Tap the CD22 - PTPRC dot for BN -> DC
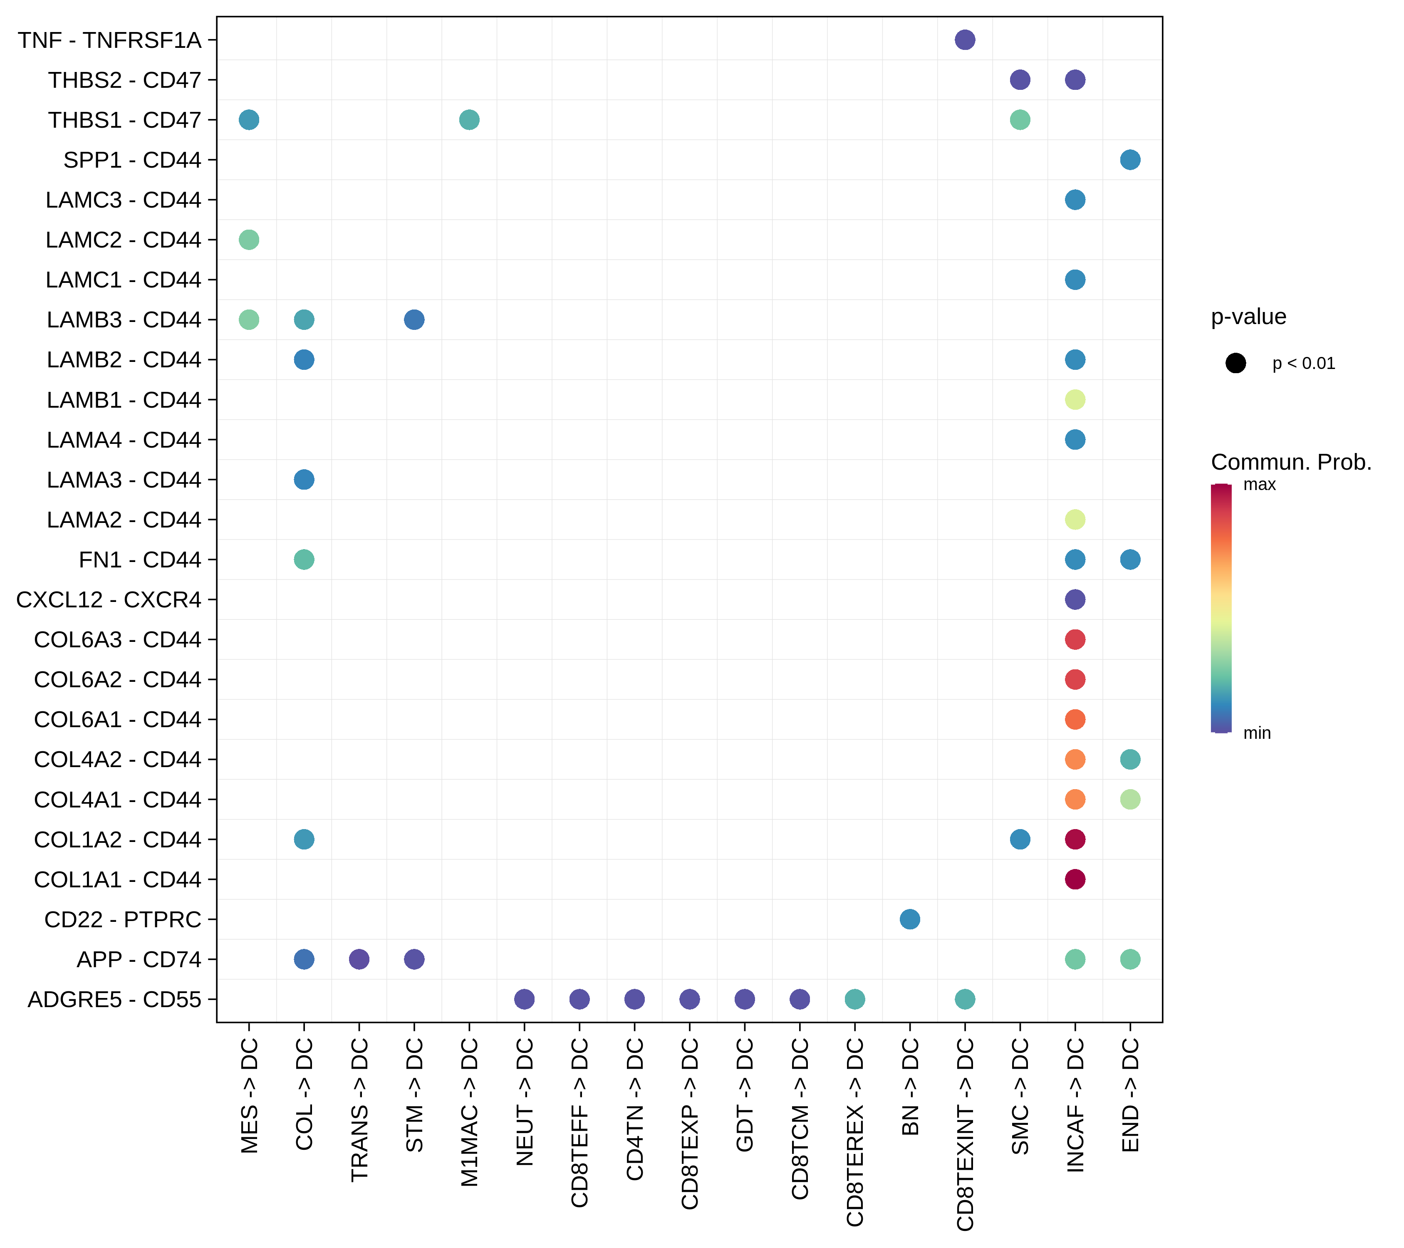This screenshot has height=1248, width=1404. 909,919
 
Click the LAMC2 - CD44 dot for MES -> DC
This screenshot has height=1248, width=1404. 249,240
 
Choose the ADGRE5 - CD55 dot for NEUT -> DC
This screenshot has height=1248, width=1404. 524,999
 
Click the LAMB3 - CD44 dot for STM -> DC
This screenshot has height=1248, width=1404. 414,319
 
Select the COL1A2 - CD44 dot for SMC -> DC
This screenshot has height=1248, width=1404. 1020,839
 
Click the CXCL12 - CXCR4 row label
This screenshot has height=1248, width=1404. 109,599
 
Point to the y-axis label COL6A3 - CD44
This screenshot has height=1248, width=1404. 117,639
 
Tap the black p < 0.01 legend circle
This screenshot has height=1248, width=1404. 1235,363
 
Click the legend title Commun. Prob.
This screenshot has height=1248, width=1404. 1291,462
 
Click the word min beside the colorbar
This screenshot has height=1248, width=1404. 1257,733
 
